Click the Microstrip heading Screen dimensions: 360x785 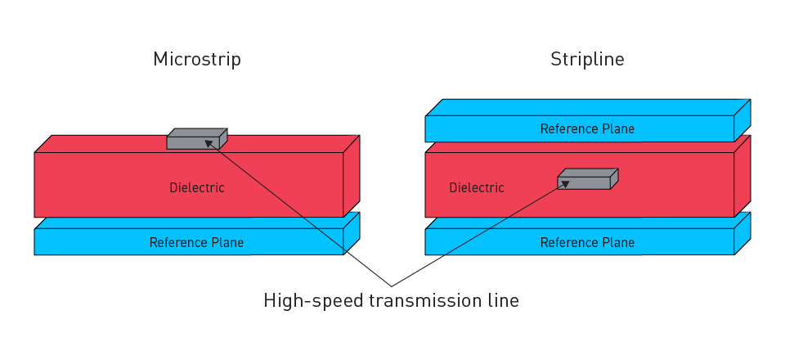click(196, 60)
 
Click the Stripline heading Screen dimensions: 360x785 click(587, 60)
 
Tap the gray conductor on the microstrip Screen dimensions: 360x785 click(194, 142)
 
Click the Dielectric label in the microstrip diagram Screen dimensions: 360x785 click(196, 188)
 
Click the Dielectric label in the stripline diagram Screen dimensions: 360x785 click(477, 188)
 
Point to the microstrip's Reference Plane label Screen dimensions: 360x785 click(196, 242)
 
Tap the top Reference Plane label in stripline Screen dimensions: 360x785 click(587, 128)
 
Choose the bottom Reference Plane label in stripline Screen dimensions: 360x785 click(587, 242)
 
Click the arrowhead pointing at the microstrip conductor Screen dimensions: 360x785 click(209, 143)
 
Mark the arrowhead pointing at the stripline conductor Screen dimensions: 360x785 click(564, 183)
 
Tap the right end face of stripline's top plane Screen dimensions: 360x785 click(742, 120)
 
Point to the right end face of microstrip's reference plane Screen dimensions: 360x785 click(351, 233)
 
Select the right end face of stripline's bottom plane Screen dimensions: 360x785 click(742, 233)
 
